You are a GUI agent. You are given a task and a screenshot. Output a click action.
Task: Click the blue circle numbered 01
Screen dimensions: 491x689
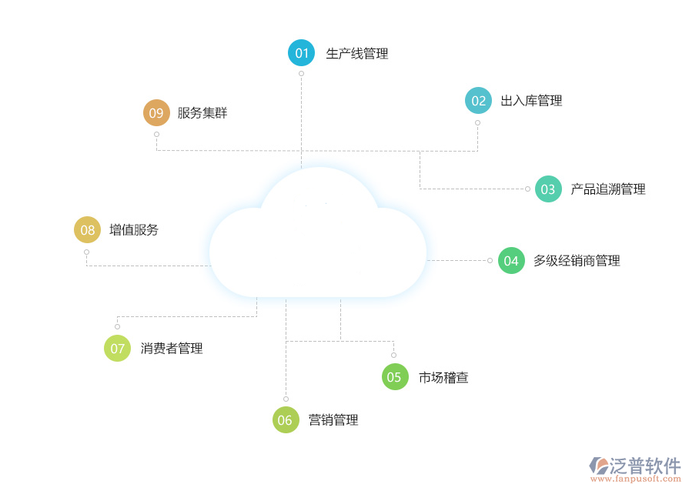click(x=301, y=53)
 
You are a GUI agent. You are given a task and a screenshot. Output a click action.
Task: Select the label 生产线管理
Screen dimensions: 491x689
click(x=357, y=54)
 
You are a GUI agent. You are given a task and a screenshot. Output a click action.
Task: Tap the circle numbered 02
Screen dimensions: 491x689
click(x=478, y=101)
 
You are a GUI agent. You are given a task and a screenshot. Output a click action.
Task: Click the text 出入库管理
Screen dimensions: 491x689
click(x=531, y=101)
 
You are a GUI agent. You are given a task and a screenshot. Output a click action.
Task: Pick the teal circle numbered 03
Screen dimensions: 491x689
click(x=548, y=189)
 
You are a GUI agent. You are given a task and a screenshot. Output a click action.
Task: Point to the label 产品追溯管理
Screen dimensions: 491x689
click(x=607, y=189)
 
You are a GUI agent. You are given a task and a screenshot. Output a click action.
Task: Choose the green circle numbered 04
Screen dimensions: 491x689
click(x=511, y=261)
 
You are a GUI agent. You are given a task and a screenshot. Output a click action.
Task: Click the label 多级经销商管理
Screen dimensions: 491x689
click(x=577, y=261)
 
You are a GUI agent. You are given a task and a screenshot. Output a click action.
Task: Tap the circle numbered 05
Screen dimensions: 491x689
click(x=394, y=377)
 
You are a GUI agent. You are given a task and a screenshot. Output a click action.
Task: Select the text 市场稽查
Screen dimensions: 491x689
click(x=443, y=377)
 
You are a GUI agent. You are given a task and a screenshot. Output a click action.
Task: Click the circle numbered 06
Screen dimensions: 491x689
click(x=286, y=420)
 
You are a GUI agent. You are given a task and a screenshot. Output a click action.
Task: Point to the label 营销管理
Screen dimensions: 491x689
click(x=333, y=420)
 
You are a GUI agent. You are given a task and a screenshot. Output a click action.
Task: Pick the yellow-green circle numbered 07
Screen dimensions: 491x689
click(x=117, y=349)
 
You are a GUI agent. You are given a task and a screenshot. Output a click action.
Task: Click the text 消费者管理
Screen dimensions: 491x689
click(x=172, y=349)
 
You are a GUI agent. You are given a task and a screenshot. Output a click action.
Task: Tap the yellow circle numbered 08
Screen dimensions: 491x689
click(x=87, y=230)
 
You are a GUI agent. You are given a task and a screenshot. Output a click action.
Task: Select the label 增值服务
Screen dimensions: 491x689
click(x=134, y=230)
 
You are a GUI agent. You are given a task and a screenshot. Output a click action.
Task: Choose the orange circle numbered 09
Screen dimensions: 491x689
click(x=156, y=113)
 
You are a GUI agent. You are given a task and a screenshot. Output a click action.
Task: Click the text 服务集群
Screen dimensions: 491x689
click(x=202, y=113)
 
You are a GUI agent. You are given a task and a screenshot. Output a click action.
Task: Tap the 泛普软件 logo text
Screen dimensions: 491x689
click(x=645, y=465)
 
